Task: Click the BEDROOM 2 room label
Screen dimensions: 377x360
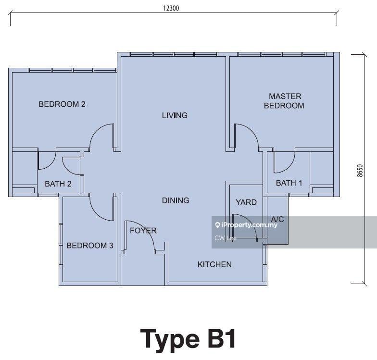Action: pos(62,104)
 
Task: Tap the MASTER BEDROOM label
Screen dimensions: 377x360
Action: pos(284,101)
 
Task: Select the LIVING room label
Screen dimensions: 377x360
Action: pos(175,115)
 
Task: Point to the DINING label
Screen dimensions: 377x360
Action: pos(176,200)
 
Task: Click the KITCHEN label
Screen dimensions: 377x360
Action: pos(214,264)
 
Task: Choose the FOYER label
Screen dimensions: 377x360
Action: pos(143,231)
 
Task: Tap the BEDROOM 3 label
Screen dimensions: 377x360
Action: pos(89,245)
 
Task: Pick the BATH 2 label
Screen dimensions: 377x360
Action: pos(58,184)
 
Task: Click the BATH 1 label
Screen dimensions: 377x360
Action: pos(289,183)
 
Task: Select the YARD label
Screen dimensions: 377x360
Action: pos(246,202)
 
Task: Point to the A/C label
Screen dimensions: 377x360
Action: pos(277,219)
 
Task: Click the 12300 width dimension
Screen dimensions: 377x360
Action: pos(171,8)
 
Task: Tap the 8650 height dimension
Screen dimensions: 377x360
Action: pos(360,171)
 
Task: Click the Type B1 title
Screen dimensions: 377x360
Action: pos(188,339)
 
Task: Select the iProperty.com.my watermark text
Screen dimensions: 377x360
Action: pos(249,225)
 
